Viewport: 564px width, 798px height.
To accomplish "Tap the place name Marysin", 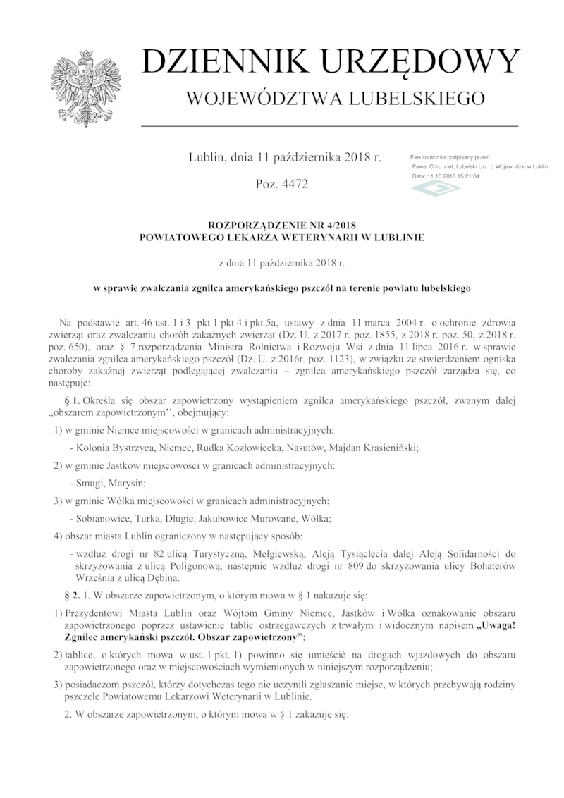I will pos(129,483).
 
